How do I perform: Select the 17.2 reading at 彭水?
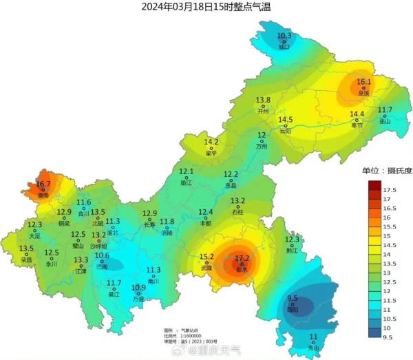242,259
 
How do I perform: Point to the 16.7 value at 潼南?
43,184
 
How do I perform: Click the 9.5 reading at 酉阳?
293,299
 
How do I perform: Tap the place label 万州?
262,147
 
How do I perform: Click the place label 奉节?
357,125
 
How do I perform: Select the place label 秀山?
314,348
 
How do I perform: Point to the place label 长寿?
150,224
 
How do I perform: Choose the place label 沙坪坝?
99,245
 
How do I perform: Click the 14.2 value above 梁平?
211,142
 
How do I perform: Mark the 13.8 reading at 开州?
263,100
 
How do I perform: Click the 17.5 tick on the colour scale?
389,189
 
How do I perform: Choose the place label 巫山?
385,120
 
